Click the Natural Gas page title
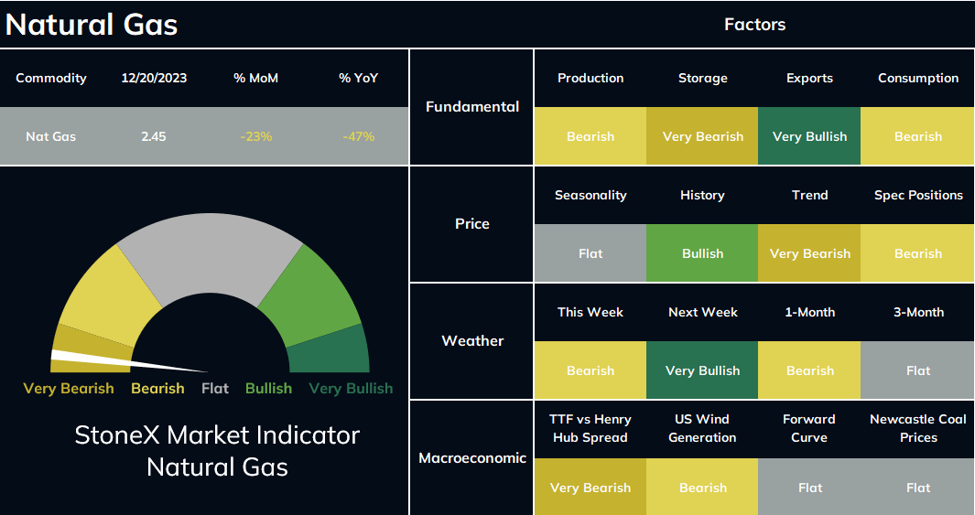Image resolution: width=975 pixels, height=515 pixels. (x=92, y=25)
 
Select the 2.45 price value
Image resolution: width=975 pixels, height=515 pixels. (x=154, y=136)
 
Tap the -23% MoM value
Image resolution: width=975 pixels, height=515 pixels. (x=256, y=136)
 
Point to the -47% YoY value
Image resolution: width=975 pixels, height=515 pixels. (x=358, y=136)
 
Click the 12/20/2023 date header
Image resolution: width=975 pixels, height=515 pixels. (x=154, y=79)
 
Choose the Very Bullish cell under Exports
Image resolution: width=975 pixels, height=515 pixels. (x=809, y=136)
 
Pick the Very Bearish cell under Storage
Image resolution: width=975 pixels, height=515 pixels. (x=703, y=136)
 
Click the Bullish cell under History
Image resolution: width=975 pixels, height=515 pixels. (x=703, y=253)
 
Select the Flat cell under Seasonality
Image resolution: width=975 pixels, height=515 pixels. (x=590, y=253)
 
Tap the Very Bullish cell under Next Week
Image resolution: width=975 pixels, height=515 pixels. (x=703, y=370)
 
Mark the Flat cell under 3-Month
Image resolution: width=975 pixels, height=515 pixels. (x=918, y=370)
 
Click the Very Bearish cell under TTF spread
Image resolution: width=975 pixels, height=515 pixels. (x=590, y=487)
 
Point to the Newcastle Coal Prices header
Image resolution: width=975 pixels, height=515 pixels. (x=918, y=428)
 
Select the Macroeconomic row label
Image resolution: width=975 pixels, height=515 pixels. (x=472, y=458)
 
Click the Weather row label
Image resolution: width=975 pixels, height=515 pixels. (x=472, y=340)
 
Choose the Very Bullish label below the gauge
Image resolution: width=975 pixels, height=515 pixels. (x=351, y=388)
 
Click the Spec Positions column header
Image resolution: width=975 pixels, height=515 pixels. (x=918, y=195)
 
